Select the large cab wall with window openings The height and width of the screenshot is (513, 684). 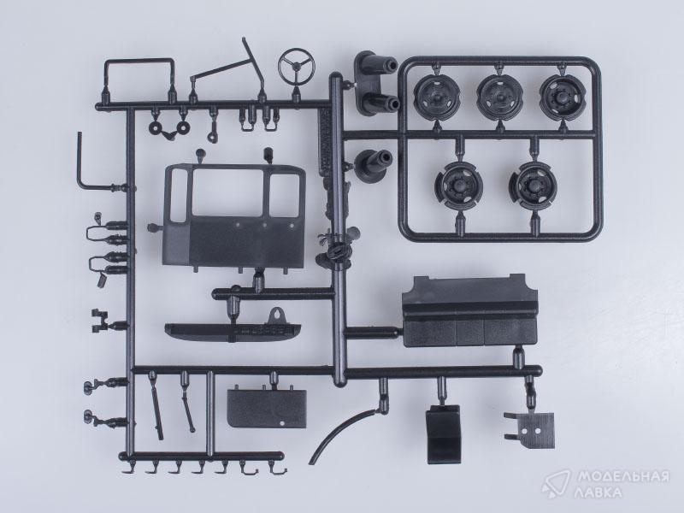(x=234, y=216)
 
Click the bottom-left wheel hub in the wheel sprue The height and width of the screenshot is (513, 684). (x=459, y=186)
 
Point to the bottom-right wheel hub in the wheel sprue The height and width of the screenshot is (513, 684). (x=533, y=186)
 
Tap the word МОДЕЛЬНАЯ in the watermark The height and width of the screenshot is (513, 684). (x=623, y=476)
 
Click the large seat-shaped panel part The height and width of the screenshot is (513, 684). (x=469, y=310)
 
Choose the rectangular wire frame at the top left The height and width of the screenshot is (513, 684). (x=139, y=61)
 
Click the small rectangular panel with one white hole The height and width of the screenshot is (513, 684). (x=267, y=409)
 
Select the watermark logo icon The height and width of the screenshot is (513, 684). (x=556, y=484)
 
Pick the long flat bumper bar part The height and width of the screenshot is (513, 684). (x=233, y=333)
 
